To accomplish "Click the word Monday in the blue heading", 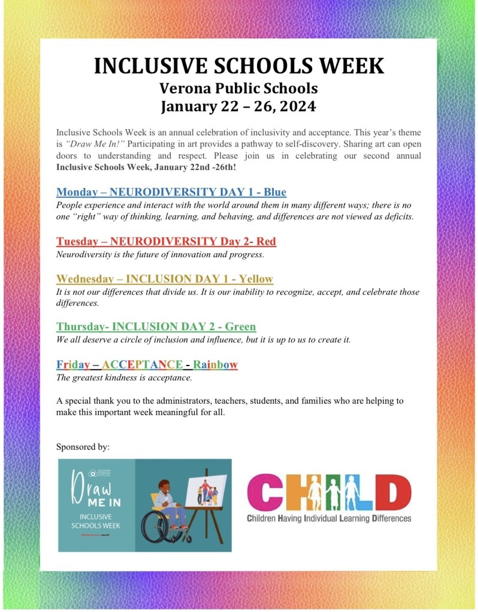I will tap(78, 192).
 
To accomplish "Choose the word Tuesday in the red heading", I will tap(78, 242).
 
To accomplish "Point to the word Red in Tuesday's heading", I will tap(265, 242).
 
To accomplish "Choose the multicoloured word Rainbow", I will tap(215, 364).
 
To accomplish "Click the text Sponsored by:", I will tap(83, 447).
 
